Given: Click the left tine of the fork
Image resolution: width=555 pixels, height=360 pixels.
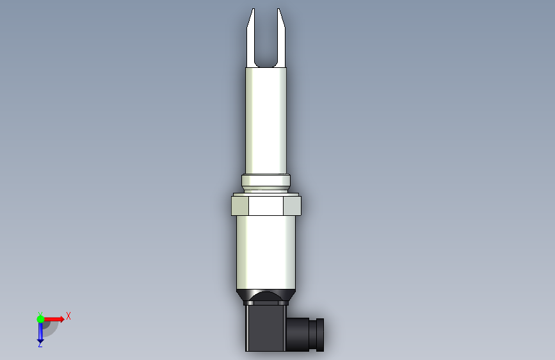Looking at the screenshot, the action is click(x=250, y=39).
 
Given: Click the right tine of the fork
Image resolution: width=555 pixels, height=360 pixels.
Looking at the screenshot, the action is click(x=281, y=39).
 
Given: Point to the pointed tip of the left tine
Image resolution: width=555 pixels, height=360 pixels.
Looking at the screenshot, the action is click(x=253, y=9).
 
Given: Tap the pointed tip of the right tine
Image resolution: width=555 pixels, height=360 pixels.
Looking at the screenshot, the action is click(x=278, y=9).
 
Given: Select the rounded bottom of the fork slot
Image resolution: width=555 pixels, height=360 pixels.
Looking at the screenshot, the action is click(x=266, y=65).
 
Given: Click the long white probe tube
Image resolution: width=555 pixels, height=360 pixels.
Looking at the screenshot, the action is click(x=266, y=120).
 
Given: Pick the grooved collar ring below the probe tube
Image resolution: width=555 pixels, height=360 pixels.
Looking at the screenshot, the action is click(x=266, y=183).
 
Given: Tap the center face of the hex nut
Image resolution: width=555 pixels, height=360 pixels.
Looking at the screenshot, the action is click(x=266, y=206).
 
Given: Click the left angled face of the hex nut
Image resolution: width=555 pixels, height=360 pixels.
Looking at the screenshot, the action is click(x=240, y=206).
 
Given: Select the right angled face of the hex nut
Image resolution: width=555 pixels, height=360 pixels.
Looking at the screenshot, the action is click(x=293, y=206).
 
